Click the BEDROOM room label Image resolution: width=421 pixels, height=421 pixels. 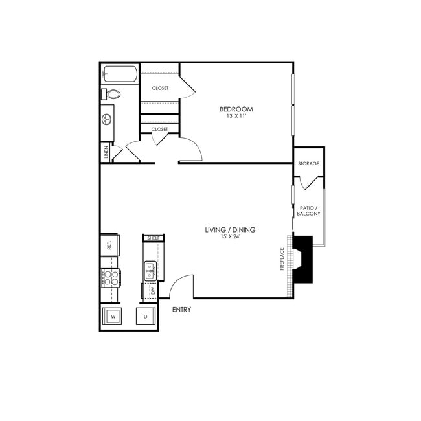click(x=236, y=109)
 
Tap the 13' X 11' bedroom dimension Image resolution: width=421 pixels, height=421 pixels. click(x=236, y=117)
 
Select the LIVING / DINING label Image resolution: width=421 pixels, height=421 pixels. click(x=230, y=230)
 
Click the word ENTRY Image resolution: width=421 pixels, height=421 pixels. click(x=181, y=310)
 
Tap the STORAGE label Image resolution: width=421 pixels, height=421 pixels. click(x=308, y=163)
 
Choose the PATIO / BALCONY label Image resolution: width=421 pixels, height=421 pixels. click(x=308, y=210)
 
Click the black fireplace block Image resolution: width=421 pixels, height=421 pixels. click(x=302, y=259)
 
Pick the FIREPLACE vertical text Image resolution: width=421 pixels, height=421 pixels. click(x=282, y=259)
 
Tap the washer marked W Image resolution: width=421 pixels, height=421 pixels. click(x=113, y=317)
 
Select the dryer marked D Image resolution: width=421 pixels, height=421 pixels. click(x=145, y=317)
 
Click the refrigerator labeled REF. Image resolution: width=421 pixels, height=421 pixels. click(x=109, y=244)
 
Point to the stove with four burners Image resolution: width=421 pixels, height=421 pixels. click(x=110, y=278)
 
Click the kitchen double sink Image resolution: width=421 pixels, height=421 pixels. click(x=150, y=270)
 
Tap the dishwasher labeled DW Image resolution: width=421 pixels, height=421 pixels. click(x=152, y=291)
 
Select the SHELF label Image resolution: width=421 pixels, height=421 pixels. click(x=154, y=238)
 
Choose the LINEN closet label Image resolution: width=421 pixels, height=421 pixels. click(x=106, y=153)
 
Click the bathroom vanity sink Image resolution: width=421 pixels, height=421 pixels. click(x=107, y=120)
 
